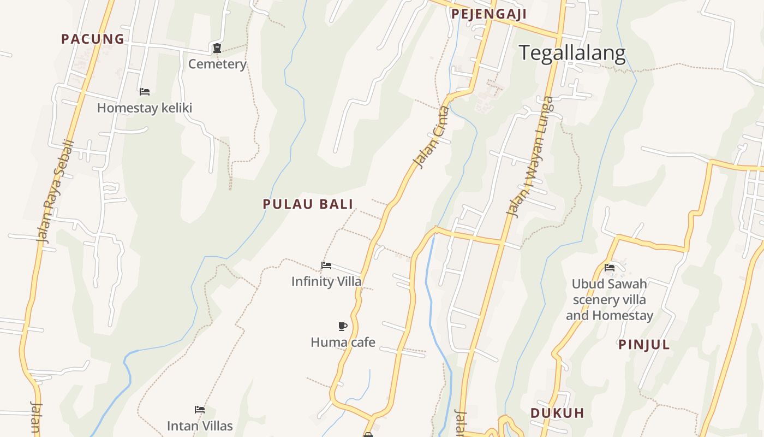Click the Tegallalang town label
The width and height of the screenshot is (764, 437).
pyautogui.click(x=571, y=53)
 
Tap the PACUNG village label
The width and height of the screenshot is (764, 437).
pyautogui.click(x=93, y=39)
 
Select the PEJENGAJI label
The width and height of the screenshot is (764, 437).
pyautogui.click(x=488, y=14)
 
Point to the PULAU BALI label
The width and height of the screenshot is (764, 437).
pyautogui.click(x=308, y=204)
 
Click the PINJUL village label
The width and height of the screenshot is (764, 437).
pyautogui.click(x=644, y=345)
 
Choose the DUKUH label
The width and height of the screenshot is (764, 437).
pyautogui.click(x=557, y=413)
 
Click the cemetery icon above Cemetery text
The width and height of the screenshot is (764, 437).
pyautogui.click(x=217, y=49)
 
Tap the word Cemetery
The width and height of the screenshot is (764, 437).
pyautogui.click(x=217, y=64)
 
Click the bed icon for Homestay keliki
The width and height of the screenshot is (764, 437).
pyautogui.click(x=145, y=91)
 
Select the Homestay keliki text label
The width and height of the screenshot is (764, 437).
pyautogui.click(x=145, y=108)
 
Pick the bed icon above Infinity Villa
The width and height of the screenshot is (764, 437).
pyautogui.click(x=326, y=265)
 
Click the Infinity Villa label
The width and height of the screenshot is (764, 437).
pyautogui.click(x=326, y=281)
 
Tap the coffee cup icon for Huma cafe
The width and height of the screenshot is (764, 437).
pyautogui.click(x=343, y=327)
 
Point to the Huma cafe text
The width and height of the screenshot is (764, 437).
pyautogui.click(x=343, y=342)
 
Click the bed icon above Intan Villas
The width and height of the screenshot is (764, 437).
pyautogui.click(x=200, y=410)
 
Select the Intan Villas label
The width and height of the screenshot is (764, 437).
pyautogui.click(x=200, y=426)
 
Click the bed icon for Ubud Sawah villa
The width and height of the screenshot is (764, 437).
pyautogui.click(x=610, y=268)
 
